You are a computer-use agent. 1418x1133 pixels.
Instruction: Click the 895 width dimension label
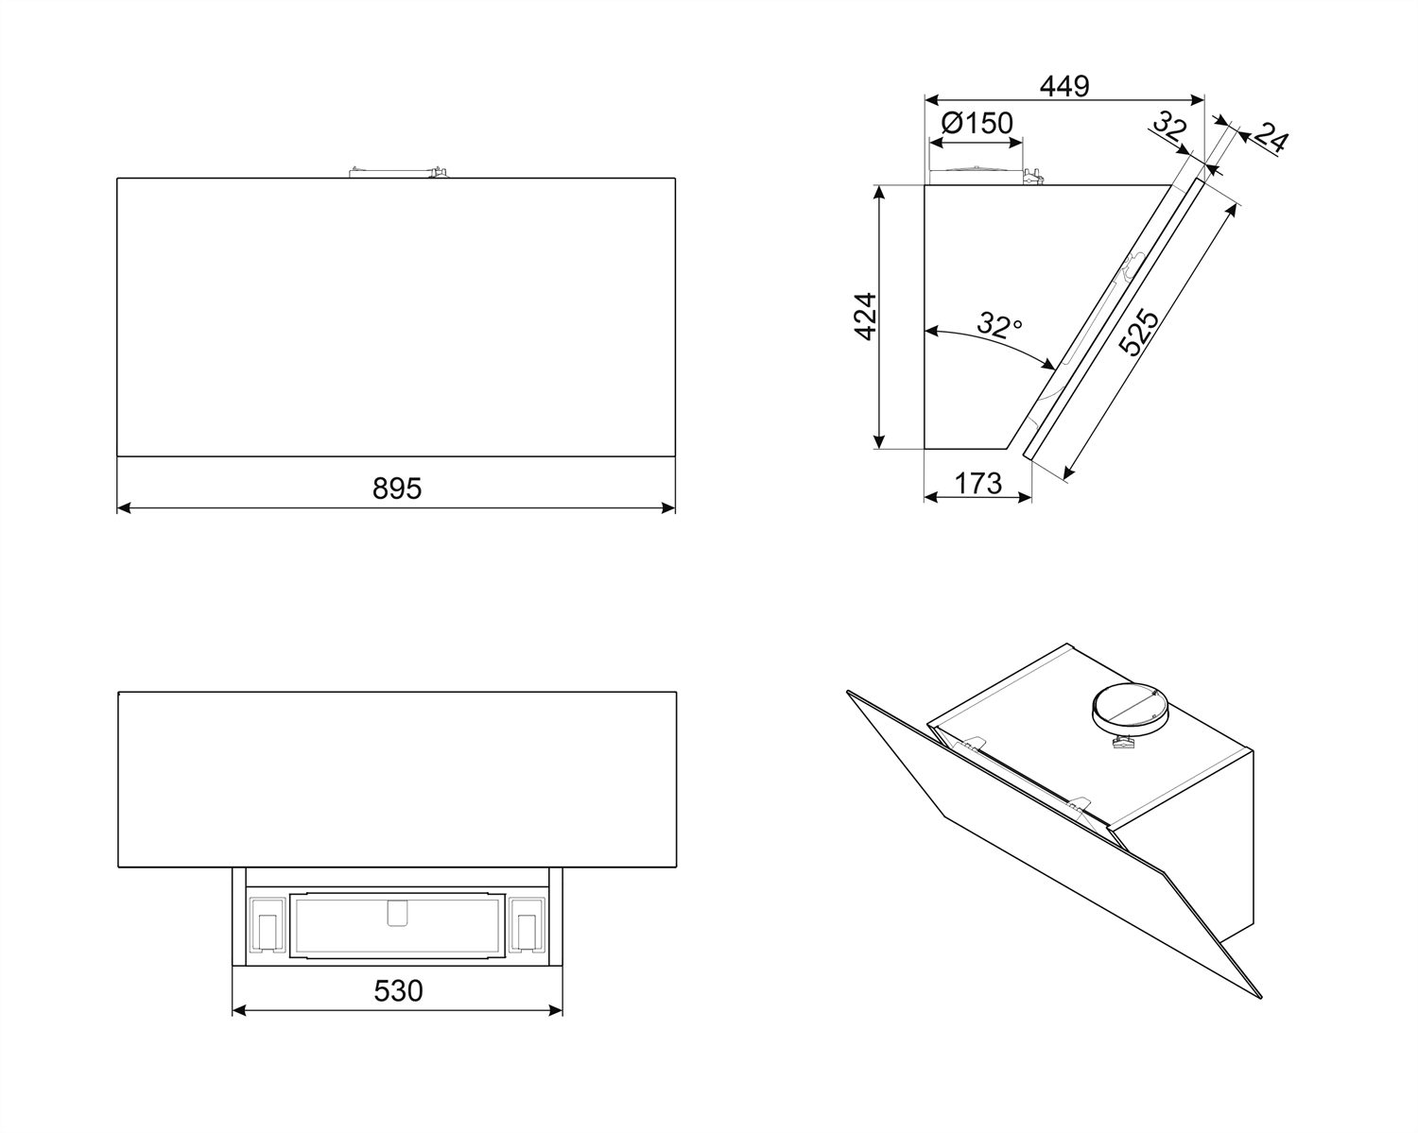[397, 489]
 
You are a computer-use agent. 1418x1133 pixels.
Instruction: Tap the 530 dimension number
[398, 990]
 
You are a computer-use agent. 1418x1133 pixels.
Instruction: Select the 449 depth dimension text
[1064, 86]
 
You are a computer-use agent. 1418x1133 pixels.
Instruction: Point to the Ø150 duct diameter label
[977, 123]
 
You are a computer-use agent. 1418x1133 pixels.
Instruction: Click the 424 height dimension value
[865, 317]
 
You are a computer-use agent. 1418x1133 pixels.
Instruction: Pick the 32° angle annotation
[999, 325]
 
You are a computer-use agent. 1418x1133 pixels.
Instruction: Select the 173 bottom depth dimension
[977, 484]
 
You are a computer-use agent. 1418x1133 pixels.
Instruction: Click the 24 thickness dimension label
[1270, 138]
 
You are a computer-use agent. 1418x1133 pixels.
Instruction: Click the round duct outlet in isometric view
[1127, 712]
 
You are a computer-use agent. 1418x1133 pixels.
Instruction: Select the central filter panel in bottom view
[397, 925]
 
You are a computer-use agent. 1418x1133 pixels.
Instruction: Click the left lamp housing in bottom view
[267, 925]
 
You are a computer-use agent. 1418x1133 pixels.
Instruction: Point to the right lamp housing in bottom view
[527, 925]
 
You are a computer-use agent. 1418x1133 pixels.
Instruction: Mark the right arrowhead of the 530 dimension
[556, 1010]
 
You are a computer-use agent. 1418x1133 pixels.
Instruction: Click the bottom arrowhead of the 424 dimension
[878, 442]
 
